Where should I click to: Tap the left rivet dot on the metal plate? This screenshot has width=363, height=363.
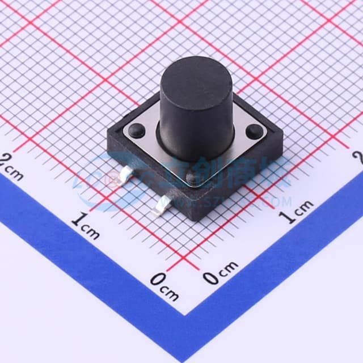tap(137, 130)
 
